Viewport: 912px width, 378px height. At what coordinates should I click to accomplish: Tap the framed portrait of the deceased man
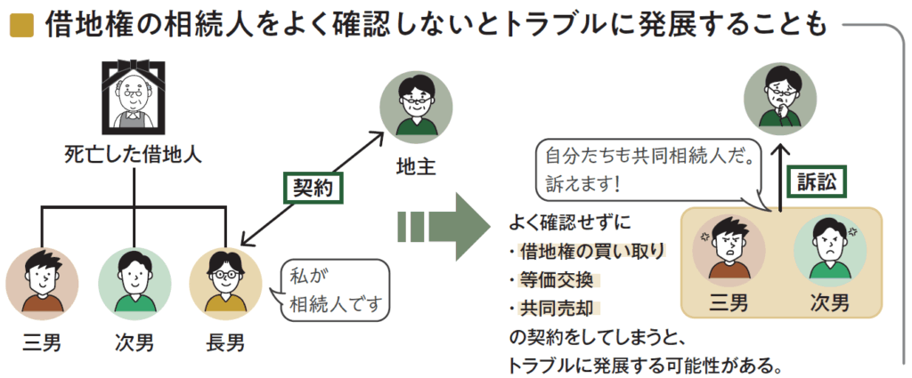[x=134, y=101]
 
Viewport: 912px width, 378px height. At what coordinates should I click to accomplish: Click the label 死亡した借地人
[x=134, y=154]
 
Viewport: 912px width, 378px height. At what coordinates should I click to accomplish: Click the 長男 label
[x=221, y=341]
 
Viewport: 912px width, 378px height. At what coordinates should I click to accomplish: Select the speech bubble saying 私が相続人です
[x=337, y=291]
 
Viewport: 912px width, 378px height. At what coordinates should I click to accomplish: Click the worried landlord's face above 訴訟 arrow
[x=779, y=98]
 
